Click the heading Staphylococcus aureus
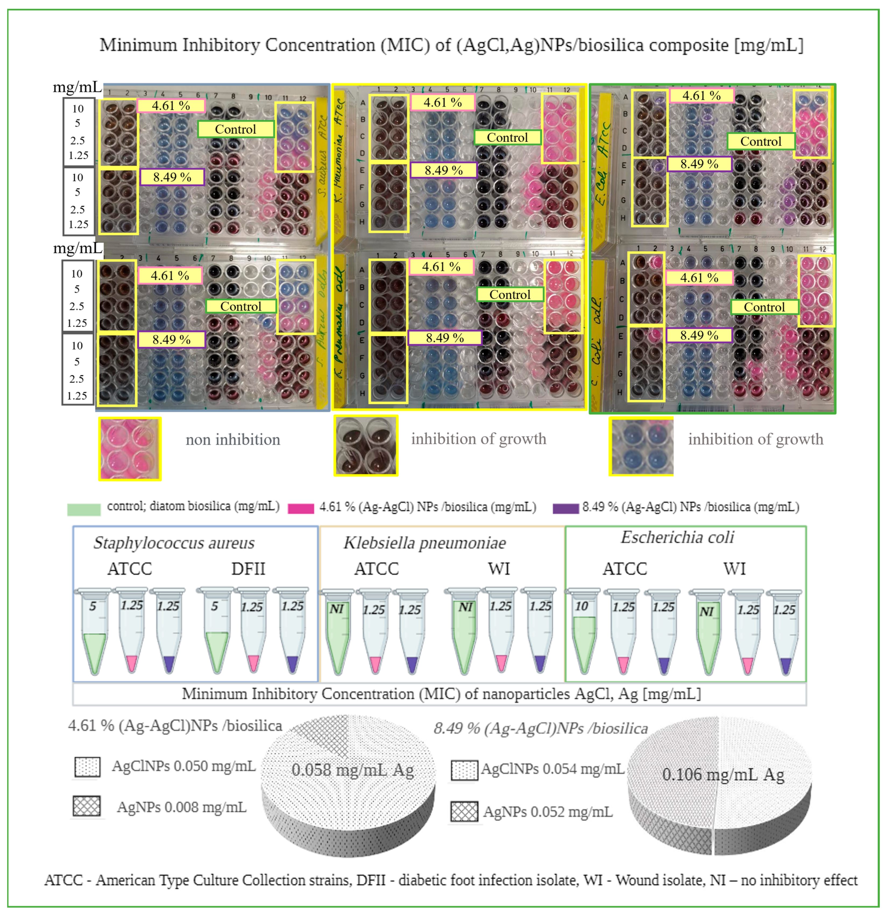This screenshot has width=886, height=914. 174,543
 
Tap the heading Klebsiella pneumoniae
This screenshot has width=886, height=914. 424,543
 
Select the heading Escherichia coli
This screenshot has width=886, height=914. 677,537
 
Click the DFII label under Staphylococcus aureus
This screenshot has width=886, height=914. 248,569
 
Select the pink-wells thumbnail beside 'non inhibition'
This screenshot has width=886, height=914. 130,449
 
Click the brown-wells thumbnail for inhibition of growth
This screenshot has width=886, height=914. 366,446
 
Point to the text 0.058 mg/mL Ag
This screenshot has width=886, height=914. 353,770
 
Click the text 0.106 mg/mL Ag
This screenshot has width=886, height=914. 723,775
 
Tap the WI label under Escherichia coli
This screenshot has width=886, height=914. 735,569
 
